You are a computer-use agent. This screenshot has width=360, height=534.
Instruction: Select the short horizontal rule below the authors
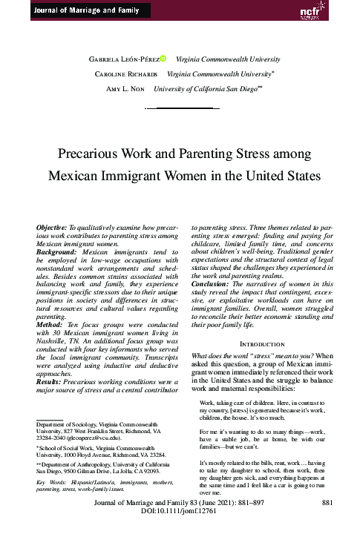[180, 108]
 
